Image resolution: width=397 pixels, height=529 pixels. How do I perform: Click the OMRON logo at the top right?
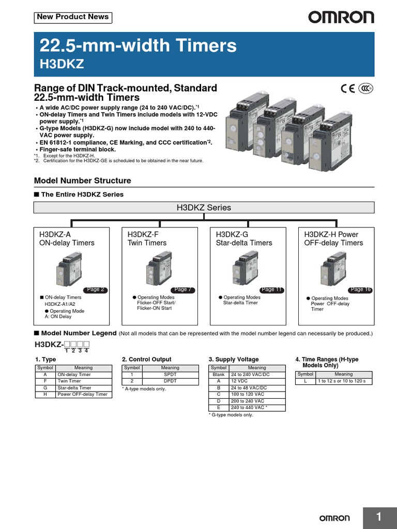point(341,18)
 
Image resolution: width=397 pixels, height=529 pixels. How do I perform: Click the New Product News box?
point(73,17)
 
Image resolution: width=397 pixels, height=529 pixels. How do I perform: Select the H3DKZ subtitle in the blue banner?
point(62,64)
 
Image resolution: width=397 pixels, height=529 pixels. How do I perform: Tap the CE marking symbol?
point(348,88)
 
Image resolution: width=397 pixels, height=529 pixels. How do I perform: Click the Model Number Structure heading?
point(82,181)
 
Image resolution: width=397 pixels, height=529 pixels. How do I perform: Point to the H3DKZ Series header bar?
point(204,208)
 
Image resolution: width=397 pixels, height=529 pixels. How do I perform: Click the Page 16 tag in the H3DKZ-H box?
point(360,290)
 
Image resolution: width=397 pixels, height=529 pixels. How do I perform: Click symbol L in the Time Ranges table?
point(305,381)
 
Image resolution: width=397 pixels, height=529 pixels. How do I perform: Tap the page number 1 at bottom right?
point(378,518)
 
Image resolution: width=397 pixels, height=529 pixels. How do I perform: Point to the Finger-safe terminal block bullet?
point(78,149)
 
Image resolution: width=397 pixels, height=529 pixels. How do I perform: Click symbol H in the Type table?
point(45,394)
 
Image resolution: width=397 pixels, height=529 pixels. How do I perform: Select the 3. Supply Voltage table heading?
point(234,359)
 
